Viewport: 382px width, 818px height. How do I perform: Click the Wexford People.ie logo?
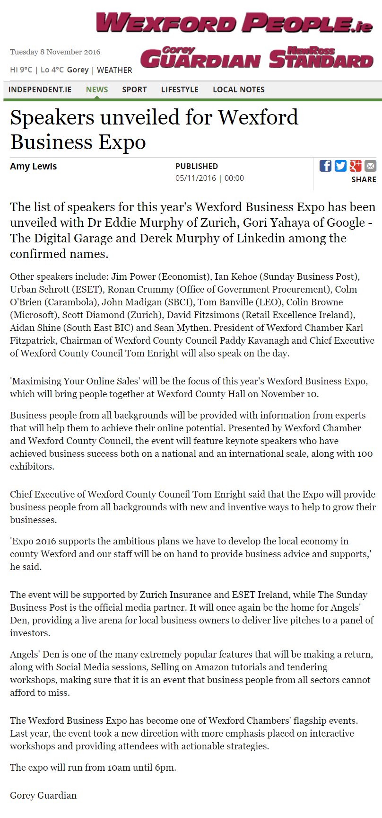(234, 23)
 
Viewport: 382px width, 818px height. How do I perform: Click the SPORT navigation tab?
(134, 89)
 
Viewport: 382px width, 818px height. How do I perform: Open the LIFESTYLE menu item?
(180, 89)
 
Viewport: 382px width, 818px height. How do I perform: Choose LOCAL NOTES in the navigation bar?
(239, 89)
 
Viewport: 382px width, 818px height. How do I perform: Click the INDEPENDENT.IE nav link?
(40, 89)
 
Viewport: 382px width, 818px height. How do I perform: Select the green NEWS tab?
(97, 89)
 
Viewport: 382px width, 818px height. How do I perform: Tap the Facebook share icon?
(325, 166)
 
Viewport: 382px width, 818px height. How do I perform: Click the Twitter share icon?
(340, 166)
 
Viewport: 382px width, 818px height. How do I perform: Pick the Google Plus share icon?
(356, 166)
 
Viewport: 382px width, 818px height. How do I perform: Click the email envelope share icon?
(371, 166)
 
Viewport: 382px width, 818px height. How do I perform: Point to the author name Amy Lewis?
(34, 166)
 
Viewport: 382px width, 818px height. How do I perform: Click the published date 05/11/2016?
(196, 178)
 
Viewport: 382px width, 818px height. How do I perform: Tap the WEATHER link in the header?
(114, 70)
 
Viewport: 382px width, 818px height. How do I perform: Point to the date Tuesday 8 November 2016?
(55, 52)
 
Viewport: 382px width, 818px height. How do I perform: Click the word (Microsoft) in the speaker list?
(32, 315)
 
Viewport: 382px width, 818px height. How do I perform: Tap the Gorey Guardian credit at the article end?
(43, 795)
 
